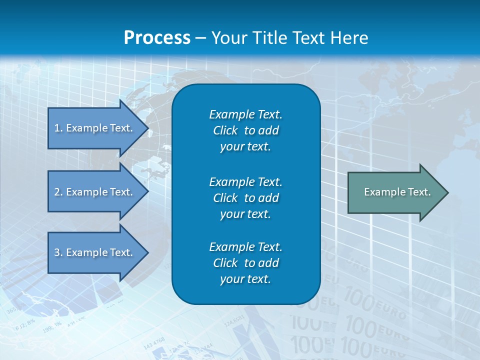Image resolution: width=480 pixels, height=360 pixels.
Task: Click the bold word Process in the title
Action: click(157, 38)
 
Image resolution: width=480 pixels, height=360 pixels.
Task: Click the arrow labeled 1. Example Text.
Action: click(95, 128)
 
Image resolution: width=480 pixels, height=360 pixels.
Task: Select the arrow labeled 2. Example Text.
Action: click(95, 192)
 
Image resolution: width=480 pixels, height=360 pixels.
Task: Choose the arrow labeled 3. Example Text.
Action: click(95, 252)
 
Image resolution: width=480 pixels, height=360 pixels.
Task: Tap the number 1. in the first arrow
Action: click(58, 128)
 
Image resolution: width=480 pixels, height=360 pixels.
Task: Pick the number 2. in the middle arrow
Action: click(58, 192)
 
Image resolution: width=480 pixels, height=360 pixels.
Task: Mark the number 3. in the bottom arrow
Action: click(58, 252)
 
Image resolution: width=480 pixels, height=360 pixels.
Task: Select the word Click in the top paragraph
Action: click(225, 130)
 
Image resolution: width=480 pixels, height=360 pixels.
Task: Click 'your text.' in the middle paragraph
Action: click(245, 214)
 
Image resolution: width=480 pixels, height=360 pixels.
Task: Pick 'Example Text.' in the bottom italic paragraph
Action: click(245, 247)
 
